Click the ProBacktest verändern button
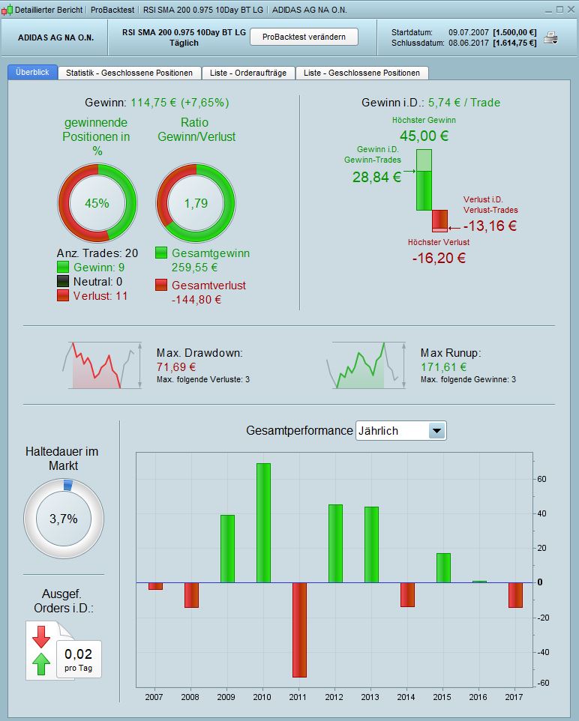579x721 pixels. pyautogui.click(x=304, y=37)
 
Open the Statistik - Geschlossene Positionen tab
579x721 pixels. pyautogui.click(x=129, y=73)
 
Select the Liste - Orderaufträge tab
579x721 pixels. pyautogui.click(x=247, y=73)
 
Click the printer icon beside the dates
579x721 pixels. pyautogui.click(x=551, y=38)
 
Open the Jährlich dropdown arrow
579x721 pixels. pyautogui.click(x=437, y=431)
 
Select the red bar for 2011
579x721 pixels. pyautogui.click(x=299, y=630)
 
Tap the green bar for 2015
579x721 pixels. pyautogui.click(x=443, y=567)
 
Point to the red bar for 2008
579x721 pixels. pyautogui.click(x=191, y=595)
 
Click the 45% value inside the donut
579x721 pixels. pyautogui.click(x=97, y=203)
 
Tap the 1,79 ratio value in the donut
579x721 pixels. pyautogui.click(x=196, y=203)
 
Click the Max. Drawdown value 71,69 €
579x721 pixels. pyautogui.click(x=176, y=367)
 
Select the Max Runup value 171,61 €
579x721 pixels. pyautogui.click(x=443, y=367)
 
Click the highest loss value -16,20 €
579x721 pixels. pyautogui.click(x=439, y=258)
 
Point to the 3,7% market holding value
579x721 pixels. pyautogui.click(x=64, y=518)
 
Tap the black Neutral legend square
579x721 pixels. pyautogui.click(x=63, y=282)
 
